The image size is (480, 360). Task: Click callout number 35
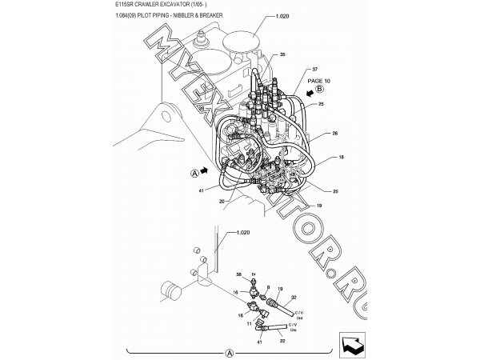pos(282,54)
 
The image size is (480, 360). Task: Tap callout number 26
pos(335,133)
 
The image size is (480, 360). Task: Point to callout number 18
pos(341,158)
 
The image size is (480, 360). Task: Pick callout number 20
pos(221,202)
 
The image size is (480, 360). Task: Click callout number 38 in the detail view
pos(238,274)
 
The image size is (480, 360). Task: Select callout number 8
pos(268,286)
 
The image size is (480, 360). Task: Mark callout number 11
pos(250,324)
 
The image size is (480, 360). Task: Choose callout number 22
pos(282,342)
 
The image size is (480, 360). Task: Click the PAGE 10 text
pos(318,82)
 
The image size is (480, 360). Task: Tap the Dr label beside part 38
pos(253,274)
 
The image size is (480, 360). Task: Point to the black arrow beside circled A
pos(205,170)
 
